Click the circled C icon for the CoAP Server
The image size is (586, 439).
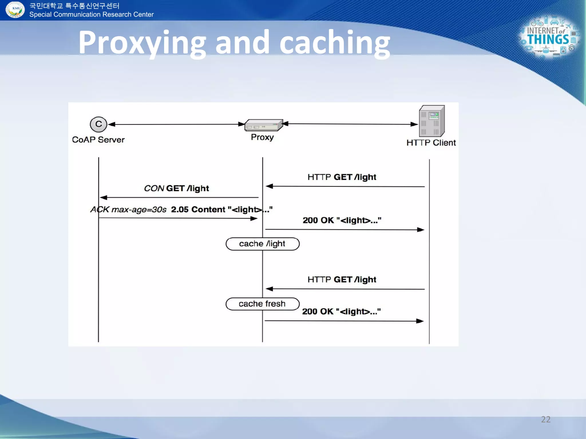point(98,124)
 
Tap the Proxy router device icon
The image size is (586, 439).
point(264,125)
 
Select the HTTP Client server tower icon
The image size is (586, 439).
point(432,121)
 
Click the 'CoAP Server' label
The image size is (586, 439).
point(98,140)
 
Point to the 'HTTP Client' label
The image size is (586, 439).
point(431,143)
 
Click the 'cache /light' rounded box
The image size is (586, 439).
point(262,244)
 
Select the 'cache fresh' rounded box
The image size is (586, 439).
point(262,304)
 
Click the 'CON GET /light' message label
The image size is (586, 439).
point(177,188)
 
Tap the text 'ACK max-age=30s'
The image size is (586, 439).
point(128,209)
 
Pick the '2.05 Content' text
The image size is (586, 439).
point(198,209)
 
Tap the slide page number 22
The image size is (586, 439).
point(546,419)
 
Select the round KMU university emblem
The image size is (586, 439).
point(15,9)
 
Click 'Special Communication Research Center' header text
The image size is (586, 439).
point(92,15)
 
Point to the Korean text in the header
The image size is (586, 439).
point(74,6)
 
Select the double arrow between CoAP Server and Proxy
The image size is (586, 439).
point(176,124)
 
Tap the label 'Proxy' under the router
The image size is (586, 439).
point(262,137)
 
